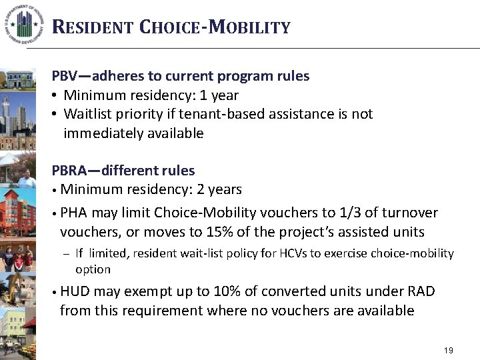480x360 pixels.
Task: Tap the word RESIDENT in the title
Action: tap(93, 27)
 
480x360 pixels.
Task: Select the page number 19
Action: tap(448, 351)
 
